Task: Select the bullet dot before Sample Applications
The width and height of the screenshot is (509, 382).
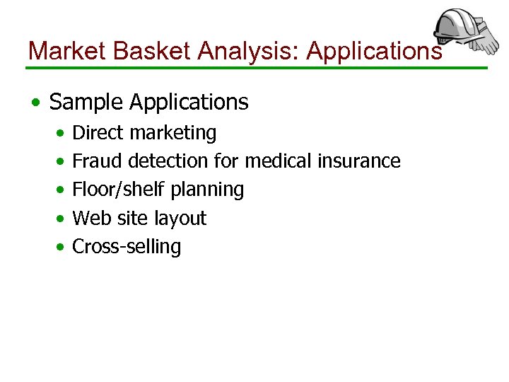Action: point(35,103)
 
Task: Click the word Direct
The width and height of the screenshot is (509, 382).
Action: point(96,132)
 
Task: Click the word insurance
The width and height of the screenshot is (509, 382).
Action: point(359,161)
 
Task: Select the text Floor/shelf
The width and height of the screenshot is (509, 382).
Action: point(113,190)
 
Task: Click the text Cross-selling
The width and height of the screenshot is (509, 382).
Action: point(127,247)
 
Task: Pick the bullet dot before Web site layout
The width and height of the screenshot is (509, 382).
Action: point(62,219)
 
